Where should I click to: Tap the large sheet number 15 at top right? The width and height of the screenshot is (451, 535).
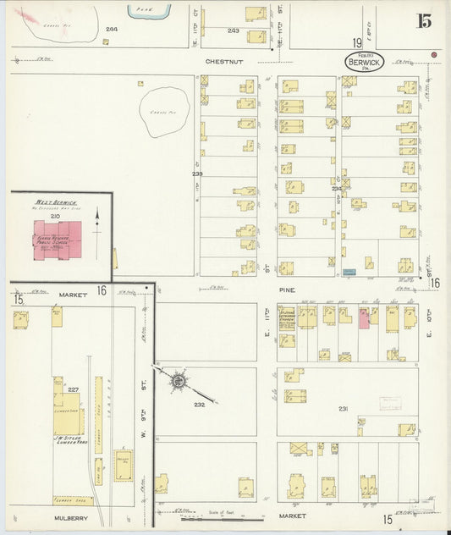(x=422, y=22)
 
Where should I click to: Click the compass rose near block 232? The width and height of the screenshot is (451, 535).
(x=179, y=383)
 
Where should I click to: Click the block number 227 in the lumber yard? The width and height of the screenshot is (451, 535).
(x=73, y=390)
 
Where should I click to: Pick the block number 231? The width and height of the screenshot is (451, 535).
(x=343, y=409)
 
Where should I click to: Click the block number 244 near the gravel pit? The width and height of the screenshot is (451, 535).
(x=111, y=30)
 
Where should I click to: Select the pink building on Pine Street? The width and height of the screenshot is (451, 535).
(x=364, y=318)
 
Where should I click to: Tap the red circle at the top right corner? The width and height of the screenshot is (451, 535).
(x=433, y=55)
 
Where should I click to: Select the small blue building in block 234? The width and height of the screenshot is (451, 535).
(x=369, y=263)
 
